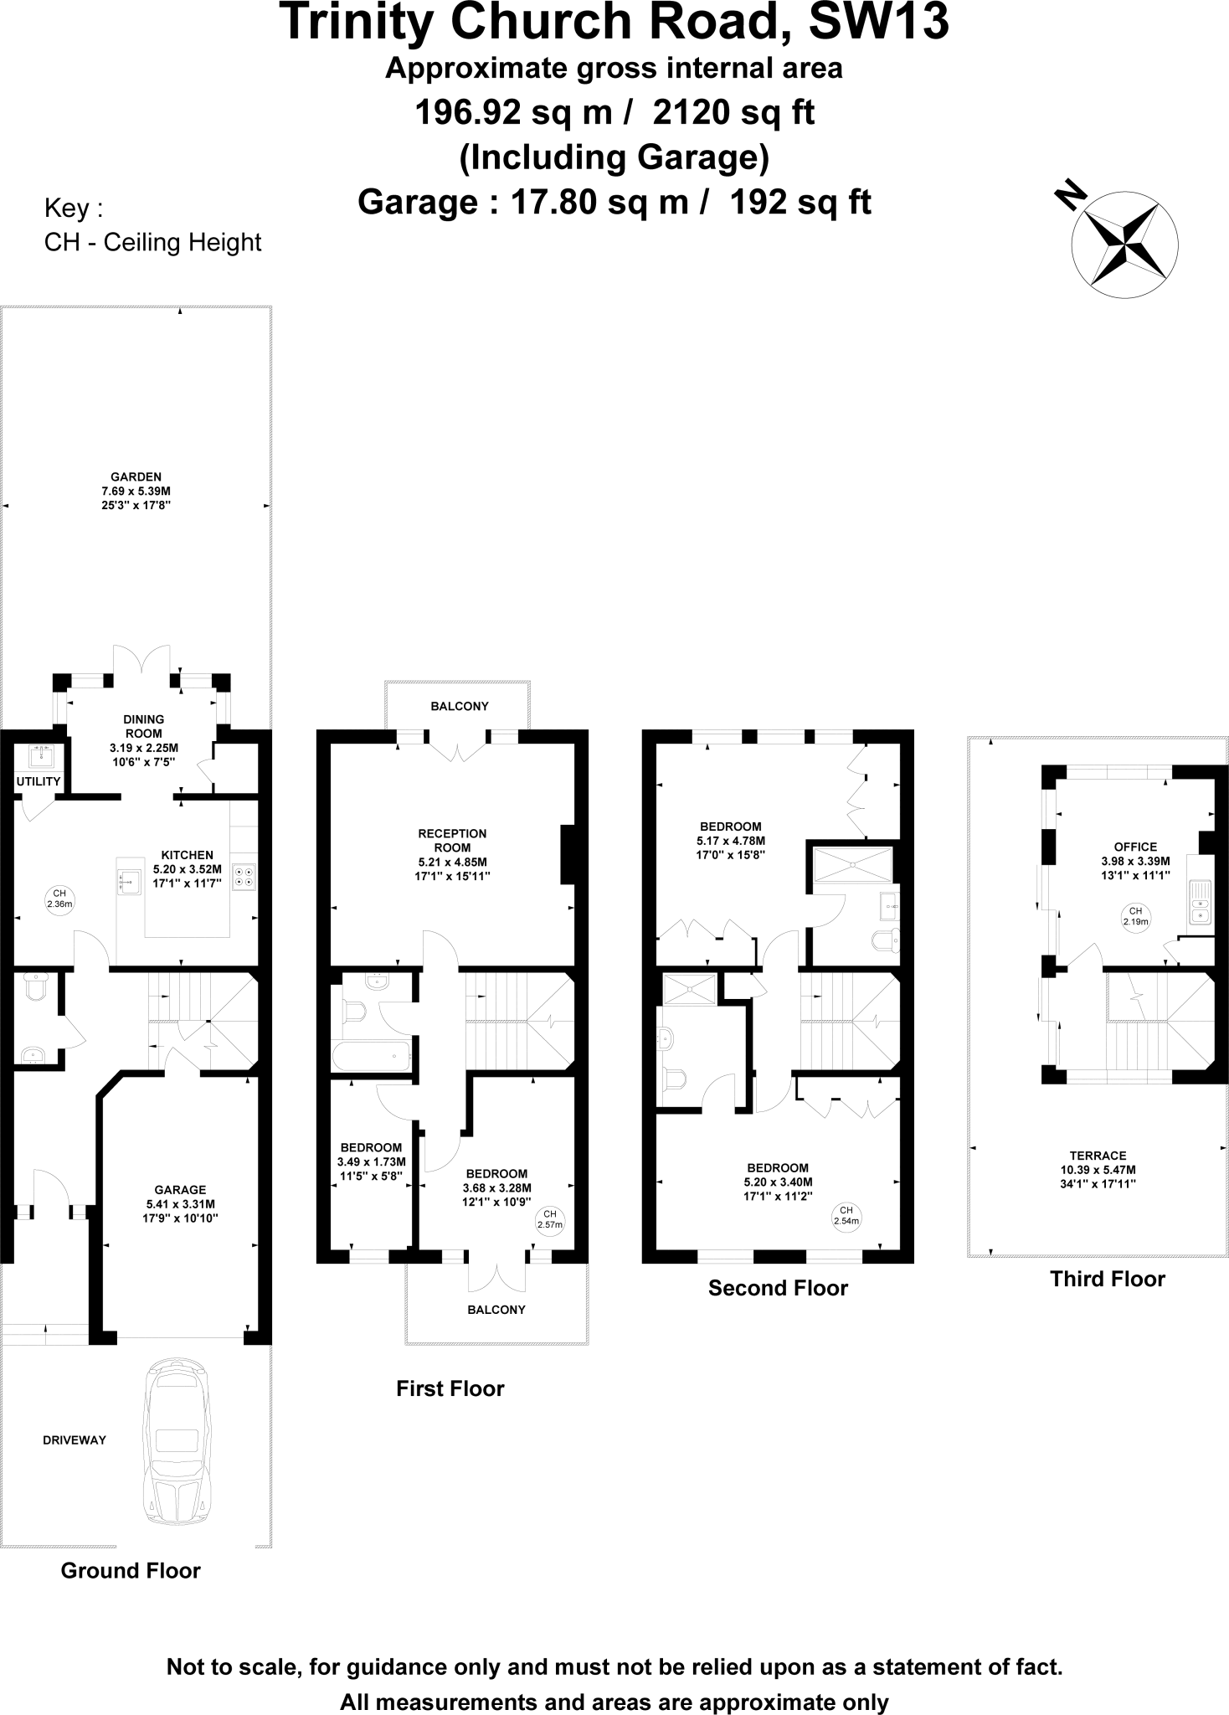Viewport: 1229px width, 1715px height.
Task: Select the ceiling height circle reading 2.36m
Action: pyautogui.click(x=59, y=899)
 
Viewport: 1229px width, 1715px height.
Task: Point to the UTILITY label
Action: pyautogui.click(x=39, y=781)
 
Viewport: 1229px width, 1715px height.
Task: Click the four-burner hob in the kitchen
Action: pyautogui.click(x=245, y=876)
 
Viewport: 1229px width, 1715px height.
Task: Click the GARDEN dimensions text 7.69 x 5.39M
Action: pyautogui.click(x=136, y=491)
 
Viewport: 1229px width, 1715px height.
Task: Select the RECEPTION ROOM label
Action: pyautogui.click(x=452, y=840)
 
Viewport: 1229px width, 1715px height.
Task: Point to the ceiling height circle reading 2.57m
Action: pyautogui.click(x=550, y=1219)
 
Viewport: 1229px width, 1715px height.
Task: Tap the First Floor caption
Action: pyautogui.click(x=450, y=1388)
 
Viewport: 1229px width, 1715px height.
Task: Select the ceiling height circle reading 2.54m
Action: pyautogui.click(x=846, y=1215)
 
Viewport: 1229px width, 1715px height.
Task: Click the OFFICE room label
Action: pyautogui.click(x=1134, y=847)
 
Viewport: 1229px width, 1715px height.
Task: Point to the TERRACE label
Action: pyautogui.click(x=1098, y=1155)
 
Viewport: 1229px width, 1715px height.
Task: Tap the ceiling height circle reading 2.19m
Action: pyautogui.click(x=1135, y=916)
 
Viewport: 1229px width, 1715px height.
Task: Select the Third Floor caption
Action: pyautogui.click(x=1107, y=1279)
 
